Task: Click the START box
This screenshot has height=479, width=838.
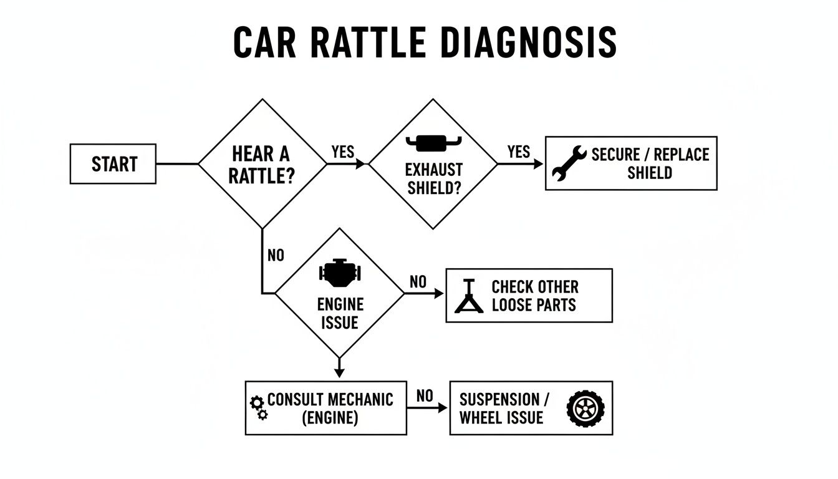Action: (113, 164)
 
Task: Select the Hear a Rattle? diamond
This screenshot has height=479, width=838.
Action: (262, 164)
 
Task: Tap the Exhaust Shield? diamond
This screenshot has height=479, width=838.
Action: (433, 164)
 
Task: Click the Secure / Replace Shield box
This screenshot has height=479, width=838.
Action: (631, 163)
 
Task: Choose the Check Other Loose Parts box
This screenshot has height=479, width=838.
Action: (529, 296)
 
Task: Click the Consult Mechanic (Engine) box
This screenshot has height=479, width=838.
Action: (325, 408)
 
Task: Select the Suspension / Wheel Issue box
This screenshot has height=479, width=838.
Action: (531, 408)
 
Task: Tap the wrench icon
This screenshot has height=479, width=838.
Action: (569, 163)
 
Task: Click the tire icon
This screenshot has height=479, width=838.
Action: (585, 409)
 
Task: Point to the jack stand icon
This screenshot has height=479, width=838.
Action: (469, 296)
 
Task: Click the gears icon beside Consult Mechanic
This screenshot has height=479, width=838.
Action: (259, 407)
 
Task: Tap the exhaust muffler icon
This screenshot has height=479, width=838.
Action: (433, 143)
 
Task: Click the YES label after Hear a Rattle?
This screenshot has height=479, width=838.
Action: (343, 152)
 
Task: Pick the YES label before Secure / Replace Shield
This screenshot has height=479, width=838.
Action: (519, 152)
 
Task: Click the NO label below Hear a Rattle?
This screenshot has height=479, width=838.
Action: (275, 256)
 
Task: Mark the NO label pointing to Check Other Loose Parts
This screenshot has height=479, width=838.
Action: (418, 282)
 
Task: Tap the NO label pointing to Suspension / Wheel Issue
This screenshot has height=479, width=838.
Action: (425, 396)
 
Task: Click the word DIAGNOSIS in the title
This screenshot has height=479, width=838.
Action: (528, 43)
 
